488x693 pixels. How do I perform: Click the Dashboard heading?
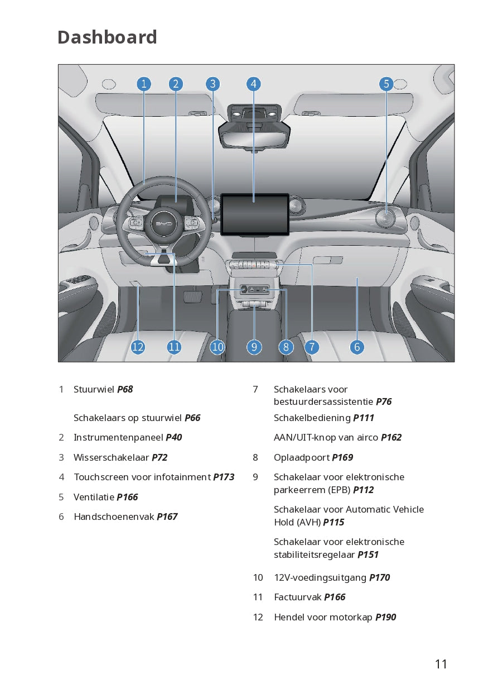pos(107,37)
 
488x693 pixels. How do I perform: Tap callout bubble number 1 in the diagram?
pos(144,84)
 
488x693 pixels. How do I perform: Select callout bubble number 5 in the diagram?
pos(386,84)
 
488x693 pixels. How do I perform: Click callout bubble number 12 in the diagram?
pos(138,347)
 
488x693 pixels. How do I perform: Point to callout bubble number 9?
pos(254,347)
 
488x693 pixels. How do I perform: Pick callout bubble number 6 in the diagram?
pos(357,347)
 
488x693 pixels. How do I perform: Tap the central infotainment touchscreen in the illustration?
pos(255,214)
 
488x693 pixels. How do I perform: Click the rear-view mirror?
pos(254,134)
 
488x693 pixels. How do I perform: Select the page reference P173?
pos(224,477)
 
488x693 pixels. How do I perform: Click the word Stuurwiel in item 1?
pos(94,389)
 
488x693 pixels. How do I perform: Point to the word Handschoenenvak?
pos(114,517)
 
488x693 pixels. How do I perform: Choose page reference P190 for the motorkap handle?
pos(385,617)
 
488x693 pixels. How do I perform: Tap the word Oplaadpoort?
pos(301,457)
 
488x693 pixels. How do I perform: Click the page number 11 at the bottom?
pos(441,664)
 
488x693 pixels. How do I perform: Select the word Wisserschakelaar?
pos(111,457)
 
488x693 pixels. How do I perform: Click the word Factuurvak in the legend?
pos(297,597)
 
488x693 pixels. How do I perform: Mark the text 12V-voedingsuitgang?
pos(320,577)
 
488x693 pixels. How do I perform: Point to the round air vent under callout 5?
pos(385,218)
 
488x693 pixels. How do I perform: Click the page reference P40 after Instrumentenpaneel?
pos(173,437)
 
